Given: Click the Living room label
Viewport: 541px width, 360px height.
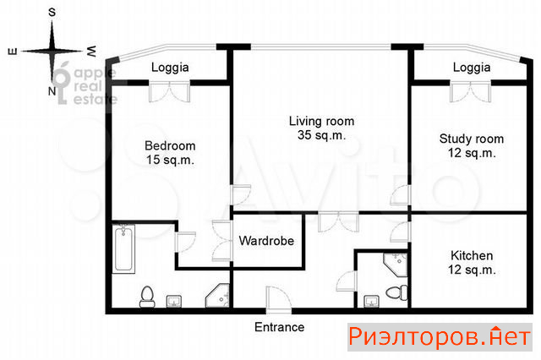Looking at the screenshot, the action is click(x=321, y=122).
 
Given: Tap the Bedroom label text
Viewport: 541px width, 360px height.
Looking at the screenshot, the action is click(x=170, y=146).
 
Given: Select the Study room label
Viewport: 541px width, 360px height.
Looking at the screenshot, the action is click(x=472, y=139).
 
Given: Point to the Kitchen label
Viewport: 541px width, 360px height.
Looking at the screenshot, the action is click(x=472, y=255).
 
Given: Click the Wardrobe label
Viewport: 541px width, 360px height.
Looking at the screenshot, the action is click(x=266, y=241).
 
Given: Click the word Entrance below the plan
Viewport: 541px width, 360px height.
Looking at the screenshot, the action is click(x=280, y=327).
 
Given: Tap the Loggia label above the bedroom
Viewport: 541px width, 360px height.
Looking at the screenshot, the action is click(x=170, y=68).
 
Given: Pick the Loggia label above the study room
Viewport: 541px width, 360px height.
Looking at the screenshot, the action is click(x=472, y=68).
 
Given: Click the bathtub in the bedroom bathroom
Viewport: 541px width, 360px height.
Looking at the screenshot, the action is click(x=123, y=248).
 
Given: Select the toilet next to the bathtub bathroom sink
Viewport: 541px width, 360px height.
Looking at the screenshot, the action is click(x=147, y=297).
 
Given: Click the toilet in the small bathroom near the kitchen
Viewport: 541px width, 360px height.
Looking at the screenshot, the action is click(x=396, y=292).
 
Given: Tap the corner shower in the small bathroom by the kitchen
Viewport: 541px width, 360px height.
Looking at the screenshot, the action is click(x=396, y=265).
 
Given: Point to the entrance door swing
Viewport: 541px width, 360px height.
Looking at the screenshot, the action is click(x=279, y=299).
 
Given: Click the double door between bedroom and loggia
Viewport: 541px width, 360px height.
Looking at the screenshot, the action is click(x=169, y=92).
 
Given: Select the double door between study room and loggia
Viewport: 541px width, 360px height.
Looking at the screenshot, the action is click(x=471, y=92).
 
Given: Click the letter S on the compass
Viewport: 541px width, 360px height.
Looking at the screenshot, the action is click(x=52, y=13).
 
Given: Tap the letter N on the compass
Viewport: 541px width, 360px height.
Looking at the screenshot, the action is click(x=52, y=91).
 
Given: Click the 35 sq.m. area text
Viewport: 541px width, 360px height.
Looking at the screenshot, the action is click(x=321, y=135).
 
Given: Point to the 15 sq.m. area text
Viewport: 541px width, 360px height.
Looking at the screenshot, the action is click(x=170, y=160).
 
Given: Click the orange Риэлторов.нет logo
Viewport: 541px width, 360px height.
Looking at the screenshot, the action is click(x=440, y=337).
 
